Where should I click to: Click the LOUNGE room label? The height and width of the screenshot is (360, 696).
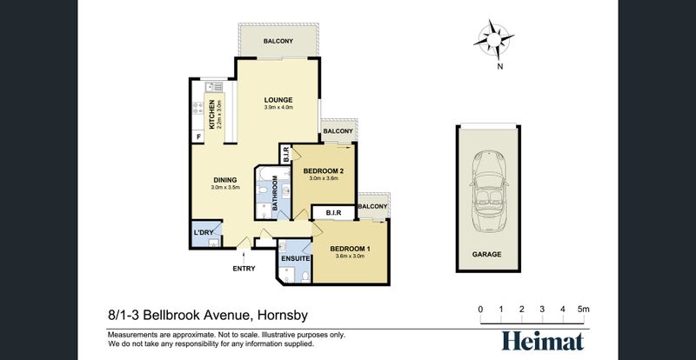pos(278,100)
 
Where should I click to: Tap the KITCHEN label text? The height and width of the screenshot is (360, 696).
pos(212,115)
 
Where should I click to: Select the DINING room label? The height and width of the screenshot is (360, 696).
pos(225,180)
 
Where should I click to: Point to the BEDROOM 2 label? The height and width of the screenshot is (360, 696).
pos(324,171)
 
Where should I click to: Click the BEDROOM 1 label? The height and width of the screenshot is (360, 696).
pos(351,249)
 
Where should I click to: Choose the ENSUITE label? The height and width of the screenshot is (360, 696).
pos(295,258)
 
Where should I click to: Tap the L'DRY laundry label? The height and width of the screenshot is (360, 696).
pos(204,232)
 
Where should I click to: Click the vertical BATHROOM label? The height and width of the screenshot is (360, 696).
pos(275,193)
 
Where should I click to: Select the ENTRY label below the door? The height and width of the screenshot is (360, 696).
pos(244,268)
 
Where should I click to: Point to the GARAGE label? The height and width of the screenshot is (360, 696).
pos(486,255)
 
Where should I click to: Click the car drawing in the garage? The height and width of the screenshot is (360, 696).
pos(488,191)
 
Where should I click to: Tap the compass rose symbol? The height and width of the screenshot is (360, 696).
pos(493,39)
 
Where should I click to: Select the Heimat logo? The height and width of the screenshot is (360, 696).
pos(543,342)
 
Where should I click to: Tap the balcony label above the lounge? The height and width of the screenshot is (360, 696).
pos(278,41)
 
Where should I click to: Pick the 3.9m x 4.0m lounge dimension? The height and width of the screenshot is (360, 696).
pos(278,108)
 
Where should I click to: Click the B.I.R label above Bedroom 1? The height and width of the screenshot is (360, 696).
pos(334,213)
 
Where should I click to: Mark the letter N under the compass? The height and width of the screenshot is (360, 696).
pos(499,67)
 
